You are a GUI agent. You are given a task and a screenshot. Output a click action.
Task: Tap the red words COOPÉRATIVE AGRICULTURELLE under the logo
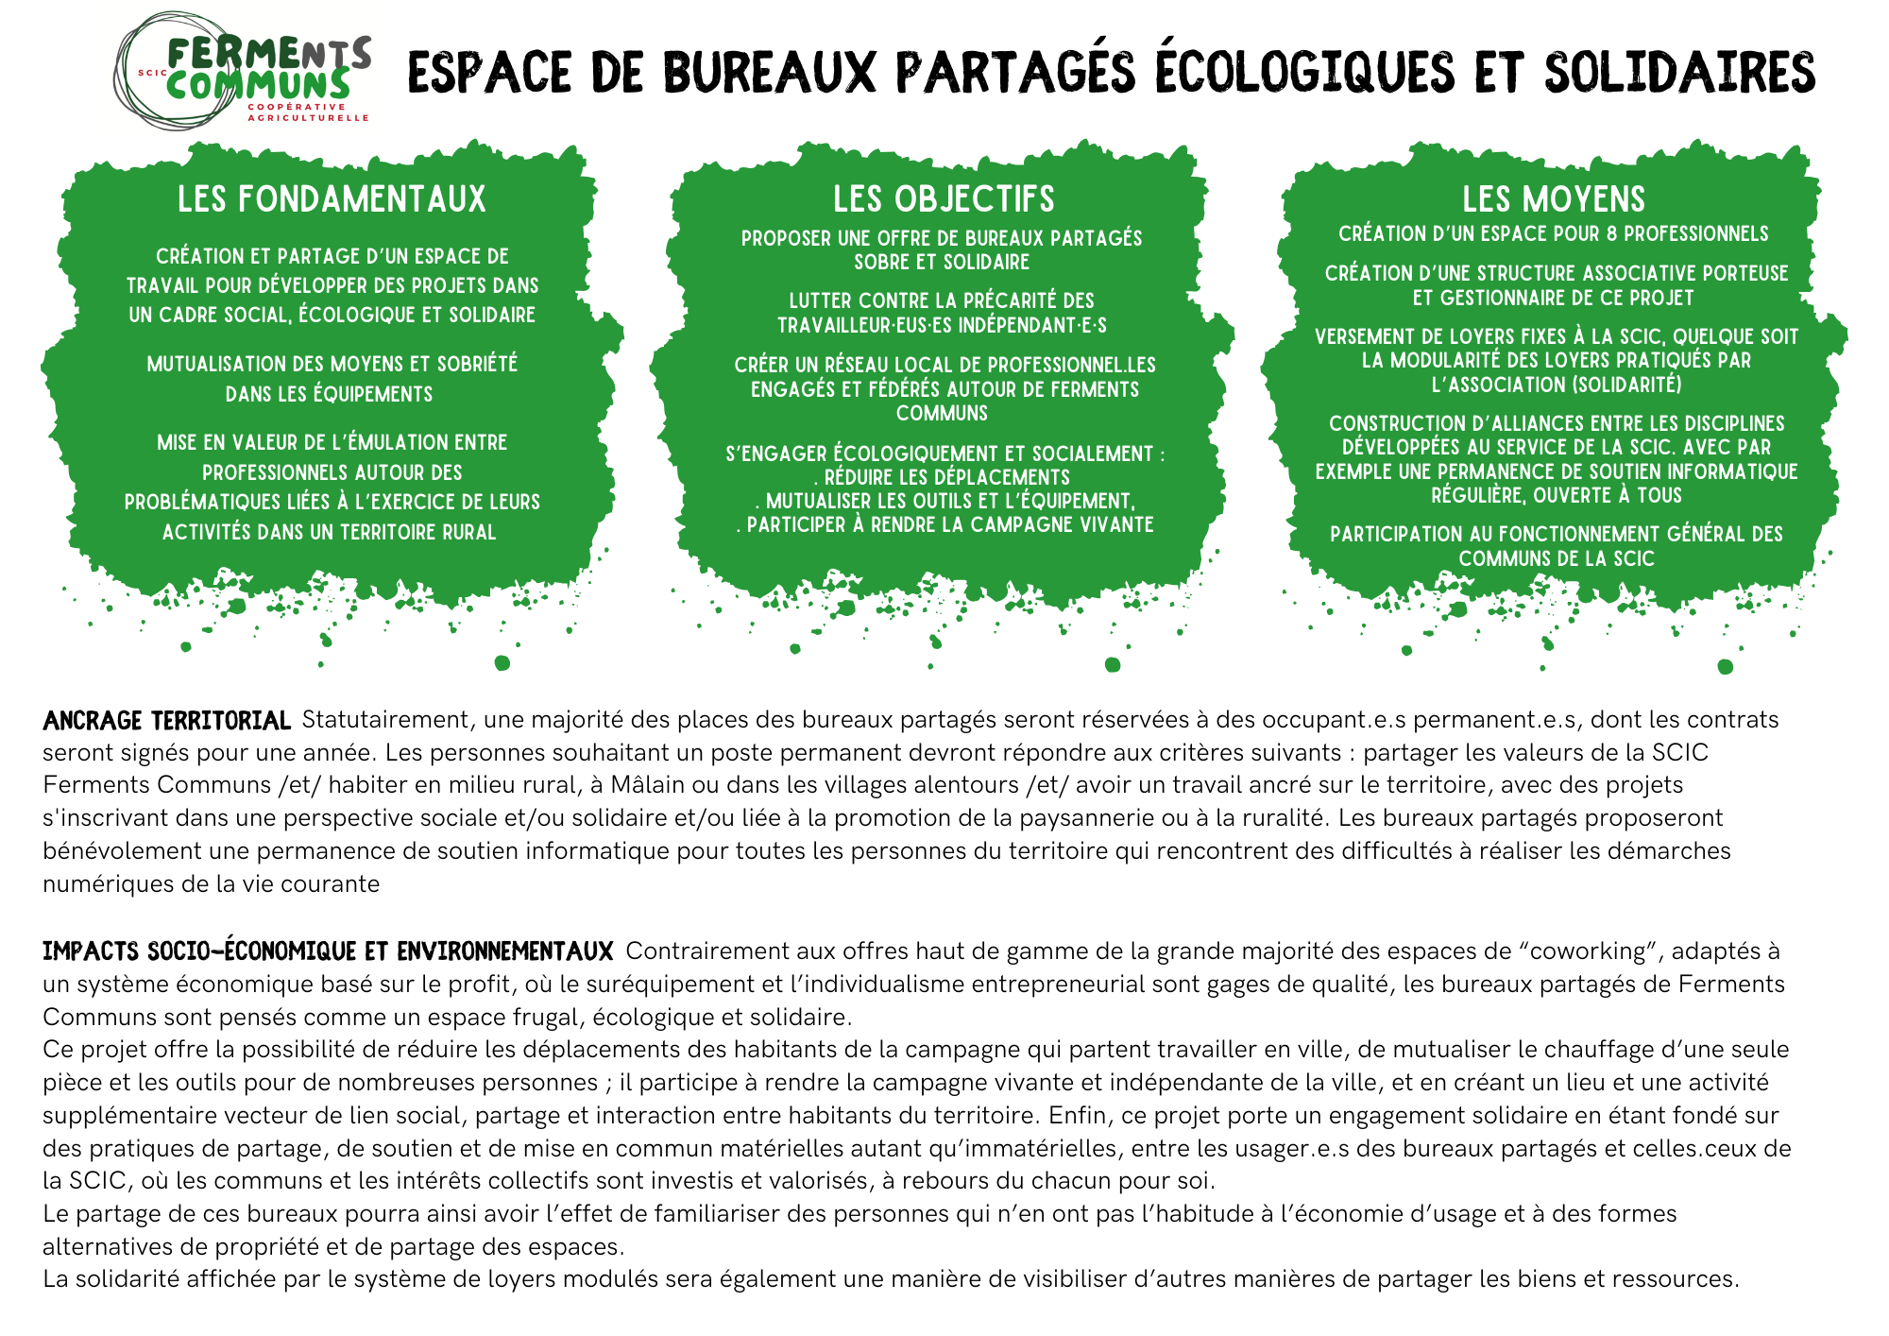[x=308, y=112]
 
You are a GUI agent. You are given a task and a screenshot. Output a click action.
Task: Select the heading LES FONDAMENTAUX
[x=332, y=199]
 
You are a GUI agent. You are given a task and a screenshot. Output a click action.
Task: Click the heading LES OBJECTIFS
[x=944, y=199]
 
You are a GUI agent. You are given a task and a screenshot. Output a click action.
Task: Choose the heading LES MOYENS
[x=1554, y=199]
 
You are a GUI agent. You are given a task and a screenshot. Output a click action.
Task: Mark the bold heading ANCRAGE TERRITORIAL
[x=166, y=721]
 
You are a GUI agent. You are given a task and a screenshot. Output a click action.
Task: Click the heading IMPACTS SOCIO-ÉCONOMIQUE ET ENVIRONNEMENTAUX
[x=328, y=951]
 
